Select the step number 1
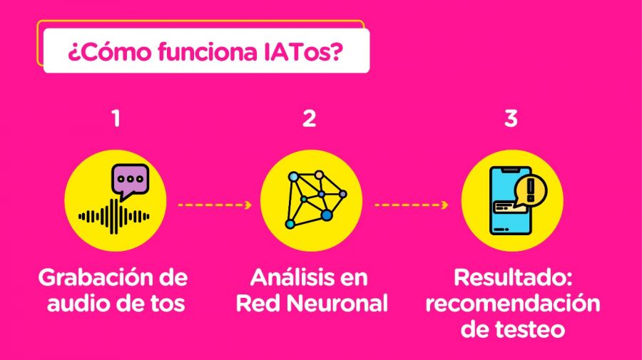point(116,118)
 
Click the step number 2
point(309,118)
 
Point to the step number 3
point(511,118)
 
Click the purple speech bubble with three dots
point(130,180)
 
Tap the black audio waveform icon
point(114,215)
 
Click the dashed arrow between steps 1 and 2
point(214,205)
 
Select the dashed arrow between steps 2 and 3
point(411,205)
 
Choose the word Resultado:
point(509,277)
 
